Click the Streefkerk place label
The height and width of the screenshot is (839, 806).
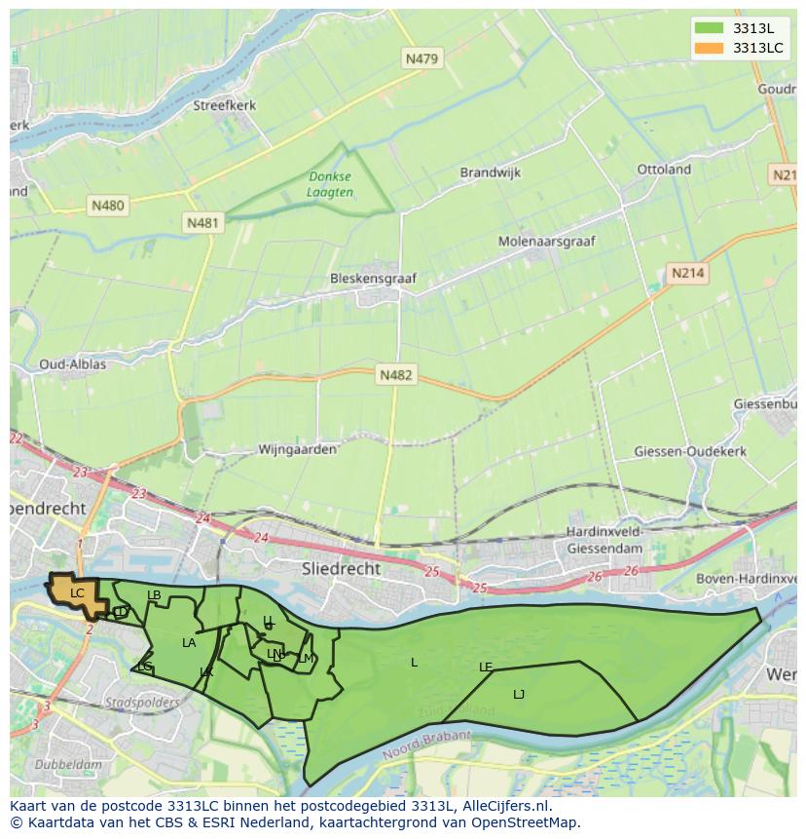tap(224, 105)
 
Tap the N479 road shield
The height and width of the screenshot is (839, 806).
tap(421, 58)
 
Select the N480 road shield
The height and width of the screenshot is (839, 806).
tap(107, 206)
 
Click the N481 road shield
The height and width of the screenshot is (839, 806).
tap(202, 223)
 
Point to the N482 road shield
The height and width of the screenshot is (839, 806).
tap(396, 374)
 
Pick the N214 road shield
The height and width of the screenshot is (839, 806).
tap(687, 274)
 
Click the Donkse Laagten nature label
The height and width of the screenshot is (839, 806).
tap(330, 184)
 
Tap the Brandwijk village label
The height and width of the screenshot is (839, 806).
tap(490, 172)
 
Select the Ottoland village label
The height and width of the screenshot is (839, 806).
tap(664, 170)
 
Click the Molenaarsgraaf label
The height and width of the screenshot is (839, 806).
tap(546, 241)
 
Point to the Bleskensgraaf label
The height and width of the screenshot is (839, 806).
tap(373, 279)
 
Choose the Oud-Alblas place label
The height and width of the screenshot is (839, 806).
tap(72, 364)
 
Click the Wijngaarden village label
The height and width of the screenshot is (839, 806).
tap(297, 450)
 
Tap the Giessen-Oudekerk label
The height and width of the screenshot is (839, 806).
tap(690, 451)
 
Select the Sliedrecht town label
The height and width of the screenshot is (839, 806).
tap(341, 568)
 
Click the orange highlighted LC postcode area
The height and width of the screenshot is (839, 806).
tap(77, 593)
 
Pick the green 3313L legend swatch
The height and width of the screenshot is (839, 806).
tap(709, 28)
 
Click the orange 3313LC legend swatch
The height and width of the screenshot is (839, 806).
tap(709, 48)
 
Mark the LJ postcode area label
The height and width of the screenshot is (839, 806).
tap(519, 694)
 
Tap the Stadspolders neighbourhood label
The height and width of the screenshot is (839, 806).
tap(142, 702)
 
